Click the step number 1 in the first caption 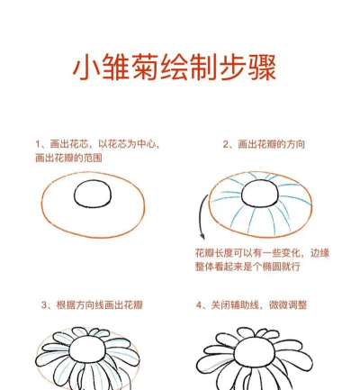pos(39,144)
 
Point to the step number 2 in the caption pos(226,144)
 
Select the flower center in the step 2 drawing pos(259,195)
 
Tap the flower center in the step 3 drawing pos(90,348)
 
